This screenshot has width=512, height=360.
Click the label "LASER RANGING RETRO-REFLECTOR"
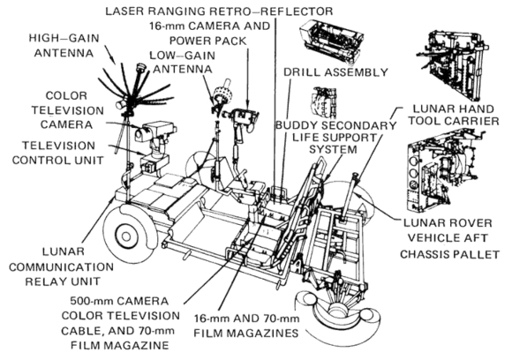click(219, 11)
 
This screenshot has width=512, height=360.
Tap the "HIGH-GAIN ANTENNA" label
click(64, 45)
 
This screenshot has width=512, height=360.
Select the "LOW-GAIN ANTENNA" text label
click(183, 62)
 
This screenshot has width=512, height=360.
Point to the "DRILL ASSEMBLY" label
click(336, 72)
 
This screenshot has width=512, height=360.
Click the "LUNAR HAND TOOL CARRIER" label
click(454, 115)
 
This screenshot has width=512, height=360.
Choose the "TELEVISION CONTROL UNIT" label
click(57, 153)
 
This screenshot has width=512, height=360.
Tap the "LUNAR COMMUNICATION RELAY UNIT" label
click(61, 266)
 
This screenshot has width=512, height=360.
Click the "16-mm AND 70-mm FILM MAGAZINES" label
click(246, 326)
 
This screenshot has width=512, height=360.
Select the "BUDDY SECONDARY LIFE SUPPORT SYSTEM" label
click(336, 138)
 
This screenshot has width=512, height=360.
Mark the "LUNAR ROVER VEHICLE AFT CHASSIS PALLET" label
click(449, 238)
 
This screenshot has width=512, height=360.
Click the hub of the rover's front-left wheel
click(125, 236)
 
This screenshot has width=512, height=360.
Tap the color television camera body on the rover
click(156, 131)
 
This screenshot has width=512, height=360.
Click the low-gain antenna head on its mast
click(222, 94)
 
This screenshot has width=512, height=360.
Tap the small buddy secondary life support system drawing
click(324, 103)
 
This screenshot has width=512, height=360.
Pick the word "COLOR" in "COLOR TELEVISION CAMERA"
click(66, 96)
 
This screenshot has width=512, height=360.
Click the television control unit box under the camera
click(154, 162)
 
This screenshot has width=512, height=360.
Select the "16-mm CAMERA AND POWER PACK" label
click(209, 34)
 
